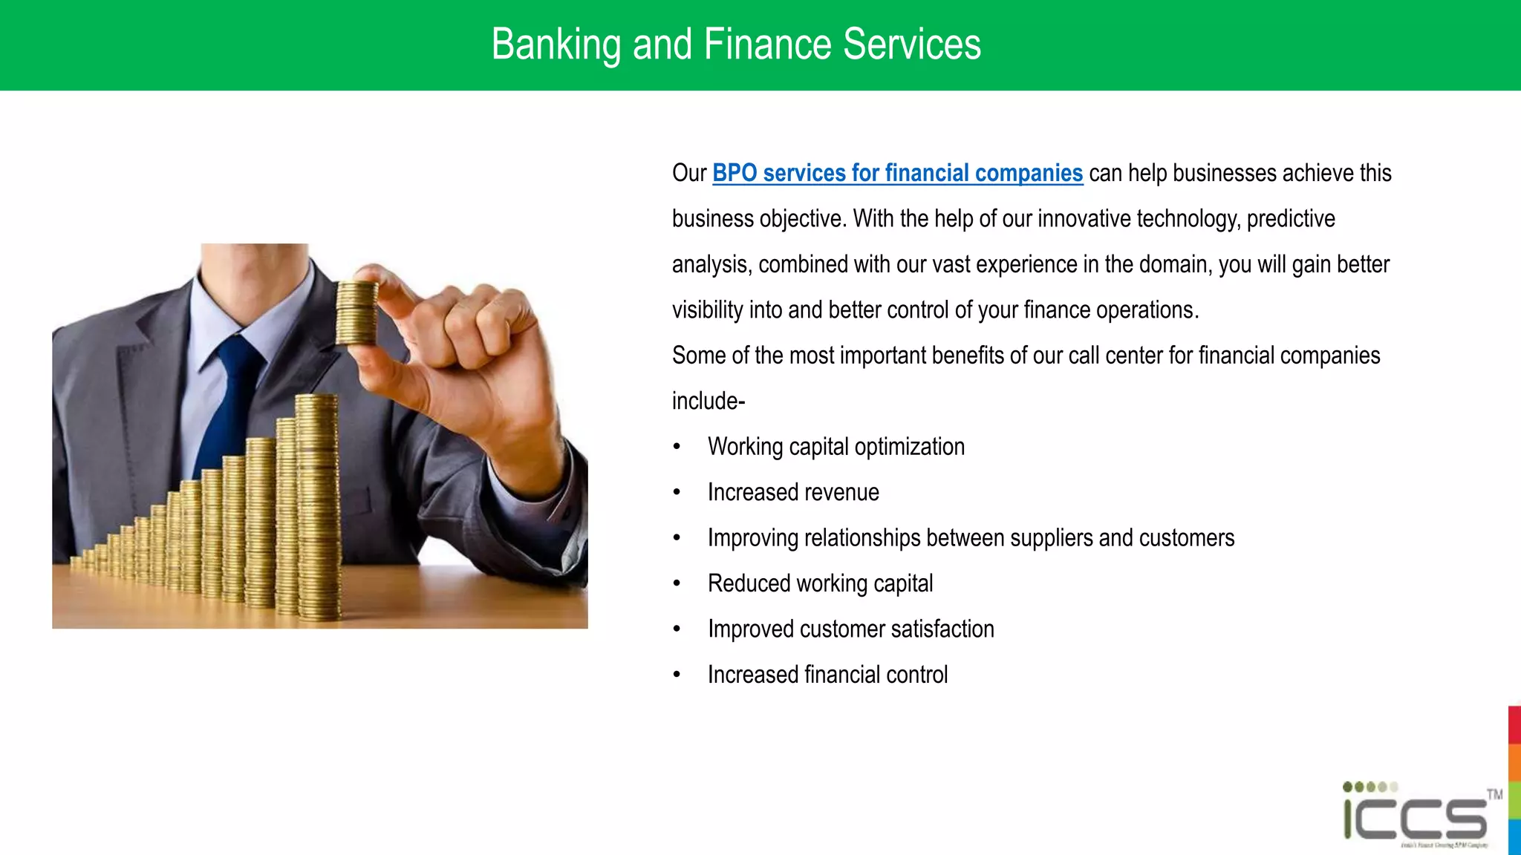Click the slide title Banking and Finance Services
(735, 45)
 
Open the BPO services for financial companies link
(897, 173)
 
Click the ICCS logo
(1415, 816)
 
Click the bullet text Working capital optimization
(836, 447)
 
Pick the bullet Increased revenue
(792, 493)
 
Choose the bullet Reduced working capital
(820, 584)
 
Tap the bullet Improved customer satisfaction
(850, 629)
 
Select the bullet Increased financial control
(827, 675)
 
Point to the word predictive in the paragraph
(1290, 219)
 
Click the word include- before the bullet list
(708, 402)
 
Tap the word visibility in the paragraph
(707, 310)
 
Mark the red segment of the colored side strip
(1514, 724)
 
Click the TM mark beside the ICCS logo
(1494, 794)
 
